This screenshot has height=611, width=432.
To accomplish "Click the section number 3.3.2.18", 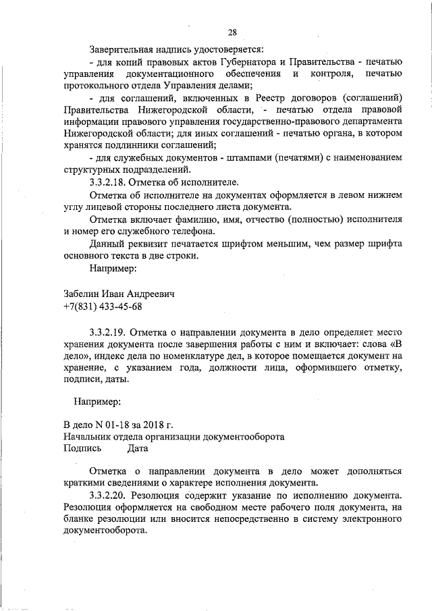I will coord(110,182).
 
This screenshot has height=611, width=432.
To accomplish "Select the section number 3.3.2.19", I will coord(110,332).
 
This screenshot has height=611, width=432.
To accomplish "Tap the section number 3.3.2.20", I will coord(110,494).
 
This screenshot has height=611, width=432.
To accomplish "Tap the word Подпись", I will coord(82,448).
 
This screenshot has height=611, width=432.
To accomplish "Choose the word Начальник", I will coord(86,436).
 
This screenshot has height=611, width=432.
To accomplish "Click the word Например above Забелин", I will coord(113,269).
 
